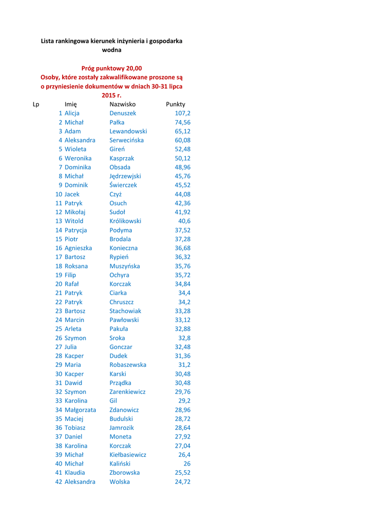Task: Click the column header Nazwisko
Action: [x=123, y=104]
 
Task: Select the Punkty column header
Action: [x=176, y=104]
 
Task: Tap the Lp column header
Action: [x=36, y=104]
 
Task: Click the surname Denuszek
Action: [x=123, y=113]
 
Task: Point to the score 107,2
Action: [x=183, y=113]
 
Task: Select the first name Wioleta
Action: [x=75, y=149]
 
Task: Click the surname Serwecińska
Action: [x=127, y=140]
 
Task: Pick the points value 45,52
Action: [x=183, y=185]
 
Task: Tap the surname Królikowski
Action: [x=125, y=221]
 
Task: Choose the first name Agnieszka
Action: [x=78, y=248]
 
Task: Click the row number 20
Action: [x=59, y=284]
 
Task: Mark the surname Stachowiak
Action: [x=125, y=311]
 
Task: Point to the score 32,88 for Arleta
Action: [x=183, y=329]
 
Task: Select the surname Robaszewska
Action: [x=128, y=365]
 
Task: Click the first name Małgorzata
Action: [x=80, y=410]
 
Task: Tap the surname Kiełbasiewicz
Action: [x=128, y=454]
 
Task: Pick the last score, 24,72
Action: [x=183, y=481]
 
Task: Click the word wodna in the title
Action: [x=112, y=50]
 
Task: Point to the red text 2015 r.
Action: [x=112, y=95]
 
